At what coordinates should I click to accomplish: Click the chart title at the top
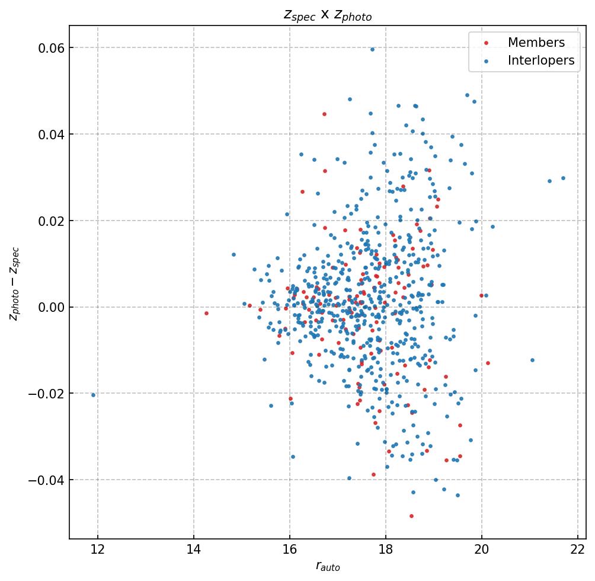point(327,15)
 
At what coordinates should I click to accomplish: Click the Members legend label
point(536,43)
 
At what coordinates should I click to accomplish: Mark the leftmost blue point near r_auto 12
point(93,395)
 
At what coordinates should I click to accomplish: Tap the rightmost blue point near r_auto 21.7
point(563,178)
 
